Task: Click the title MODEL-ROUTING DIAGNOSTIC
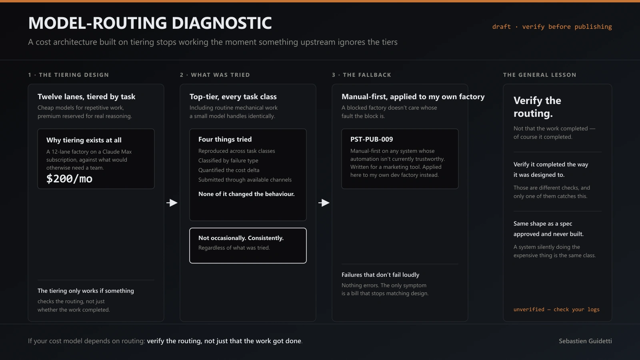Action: [150, 23]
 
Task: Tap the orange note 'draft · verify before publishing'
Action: [552, 26]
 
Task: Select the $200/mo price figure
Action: [70, 179]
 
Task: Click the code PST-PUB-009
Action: [372, 139]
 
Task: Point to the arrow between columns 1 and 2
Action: [172, 203]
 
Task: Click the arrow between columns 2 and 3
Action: [324, 203]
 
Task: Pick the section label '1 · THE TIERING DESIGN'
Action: [68, 75]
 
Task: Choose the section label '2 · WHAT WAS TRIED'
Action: [215, 75]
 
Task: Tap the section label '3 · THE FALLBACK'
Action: [362, 75]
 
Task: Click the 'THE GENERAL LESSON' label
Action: [540, 75]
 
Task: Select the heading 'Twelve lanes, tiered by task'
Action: [86, 96]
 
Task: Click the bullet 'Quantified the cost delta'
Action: [229, 170]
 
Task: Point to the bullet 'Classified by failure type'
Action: [228, 160]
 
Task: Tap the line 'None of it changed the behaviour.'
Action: [246, 194]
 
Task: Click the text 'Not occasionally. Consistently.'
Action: [241, 238]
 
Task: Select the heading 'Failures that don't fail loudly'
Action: [380, 275]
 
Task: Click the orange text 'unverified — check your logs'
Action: [556, 310]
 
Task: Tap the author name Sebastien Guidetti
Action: [586, 341]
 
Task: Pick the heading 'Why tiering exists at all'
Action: [84, 140]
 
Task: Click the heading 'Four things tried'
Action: [225, 139]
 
